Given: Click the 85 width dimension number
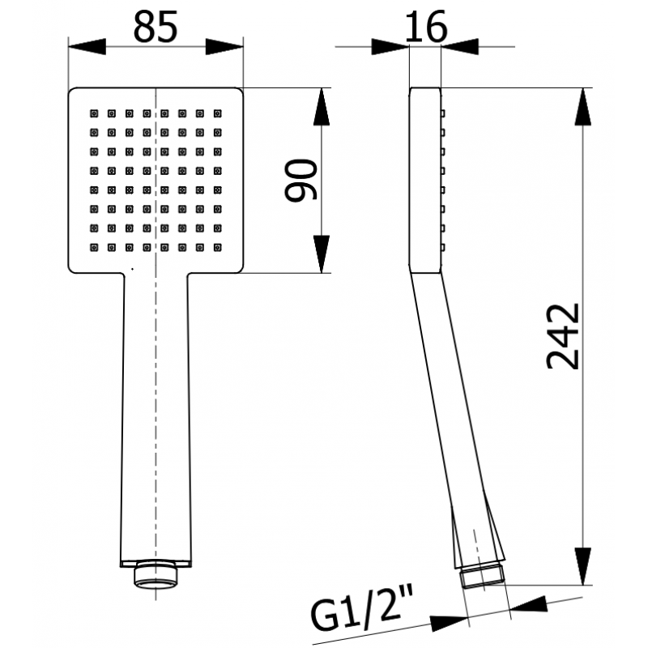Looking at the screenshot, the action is point(156,27).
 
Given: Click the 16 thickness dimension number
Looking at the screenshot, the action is point(426,27).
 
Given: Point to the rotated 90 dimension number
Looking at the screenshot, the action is point(301,180).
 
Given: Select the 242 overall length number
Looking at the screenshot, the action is point(563,336).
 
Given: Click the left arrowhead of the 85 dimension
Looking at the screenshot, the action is point(87,47).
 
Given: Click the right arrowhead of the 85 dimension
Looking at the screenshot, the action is point(224,47).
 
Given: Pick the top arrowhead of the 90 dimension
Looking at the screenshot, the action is point(322,107).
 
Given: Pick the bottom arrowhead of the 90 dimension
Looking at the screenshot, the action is point(322,254).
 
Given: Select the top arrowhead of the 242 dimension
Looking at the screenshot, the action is point(582,107).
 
